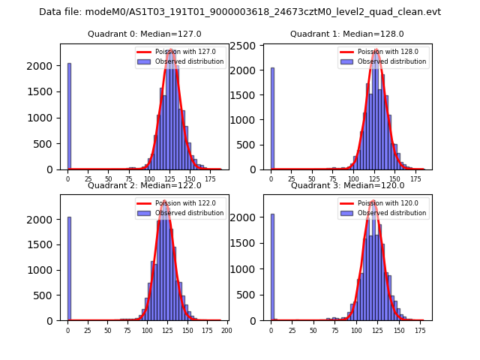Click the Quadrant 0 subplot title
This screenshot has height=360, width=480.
click(x=144, y=34)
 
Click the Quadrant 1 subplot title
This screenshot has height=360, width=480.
click(x=347, y=34)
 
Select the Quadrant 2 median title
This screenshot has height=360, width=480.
click(x=144, y=185)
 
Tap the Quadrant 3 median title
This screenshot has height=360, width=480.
click(x=347, y=185)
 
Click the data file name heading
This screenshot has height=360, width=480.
click(x=240, y=12)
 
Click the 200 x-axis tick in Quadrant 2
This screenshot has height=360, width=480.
click(x=226, y=330)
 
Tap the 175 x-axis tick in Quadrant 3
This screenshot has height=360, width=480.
click(x=419, y=330)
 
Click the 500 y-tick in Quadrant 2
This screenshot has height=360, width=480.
click(x=46, y=295)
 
